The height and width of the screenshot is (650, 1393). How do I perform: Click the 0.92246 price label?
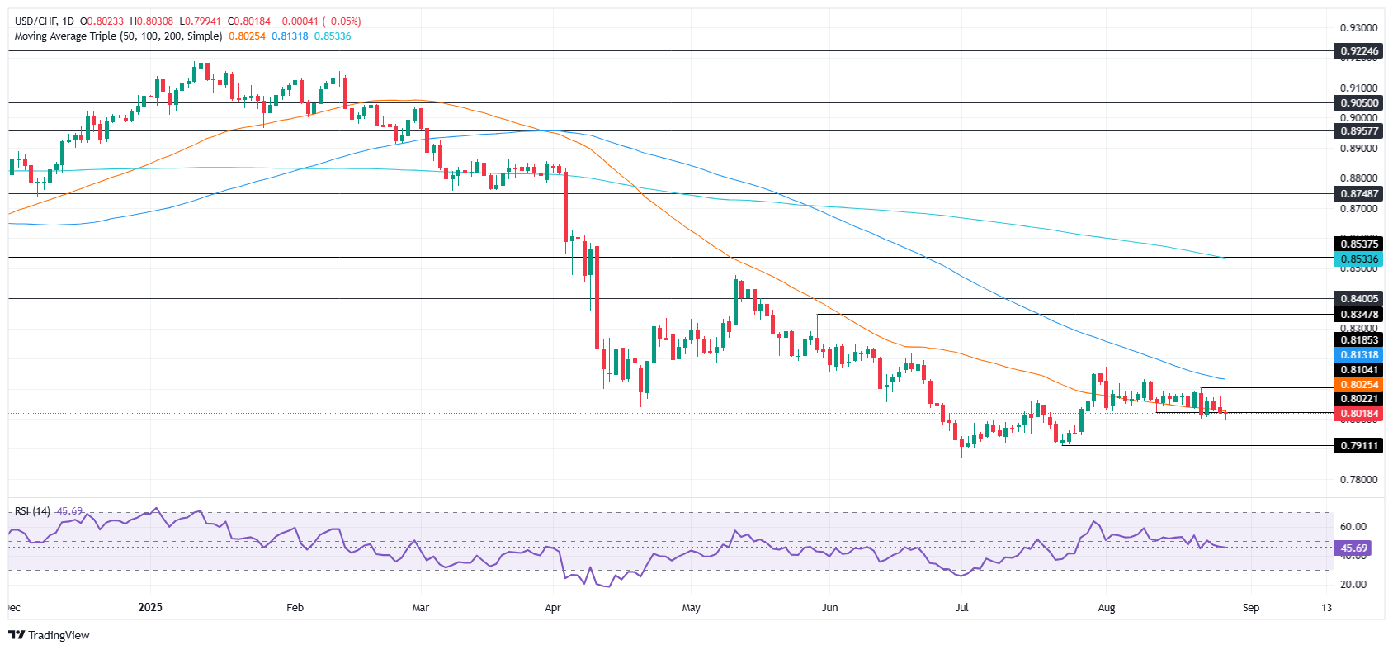coord(1358,51)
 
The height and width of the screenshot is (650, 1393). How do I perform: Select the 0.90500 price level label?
coord(1358,103)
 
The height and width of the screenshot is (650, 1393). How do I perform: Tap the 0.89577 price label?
coord(1358,130)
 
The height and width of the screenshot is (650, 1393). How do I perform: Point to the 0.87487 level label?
coord(1358,193)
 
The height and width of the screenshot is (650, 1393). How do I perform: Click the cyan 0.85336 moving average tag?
coord(1358,259)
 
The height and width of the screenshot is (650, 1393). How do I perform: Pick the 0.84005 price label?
coord(1358,298)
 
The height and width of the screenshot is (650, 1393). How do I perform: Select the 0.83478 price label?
coord(1358,314)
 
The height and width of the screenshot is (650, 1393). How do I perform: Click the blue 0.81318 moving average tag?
coord(1358,355)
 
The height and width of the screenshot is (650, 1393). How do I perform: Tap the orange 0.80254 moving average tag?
coord(1358,385)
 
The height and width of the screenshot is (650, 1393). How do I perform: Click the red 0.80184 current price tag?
coord(1358,414)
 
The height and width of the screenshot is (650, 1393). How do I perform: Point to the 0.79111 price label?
coord(1358,446)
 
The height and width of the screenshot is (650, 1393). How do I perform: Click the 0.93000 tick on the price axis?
coord(1358,28)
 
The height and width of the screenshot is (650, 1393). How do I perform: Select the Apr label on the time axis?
coord(553,608)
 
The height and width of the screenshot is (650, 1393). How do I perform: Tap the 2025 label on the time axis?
coord(150,608)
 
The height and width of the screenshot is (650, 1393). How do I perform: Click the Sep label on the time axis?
coord(1251,608)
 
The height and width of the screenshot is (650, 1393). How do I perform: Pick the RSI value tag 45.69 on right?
coord(1353,548)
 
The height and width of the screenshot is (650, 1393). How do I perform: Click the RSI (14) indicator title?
coord(32,511)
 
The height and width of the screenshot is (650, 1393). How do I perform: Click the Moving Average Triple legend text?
coord(118,36)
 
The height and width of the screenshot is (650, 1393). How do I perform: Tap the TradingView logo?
coord(50,635)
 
